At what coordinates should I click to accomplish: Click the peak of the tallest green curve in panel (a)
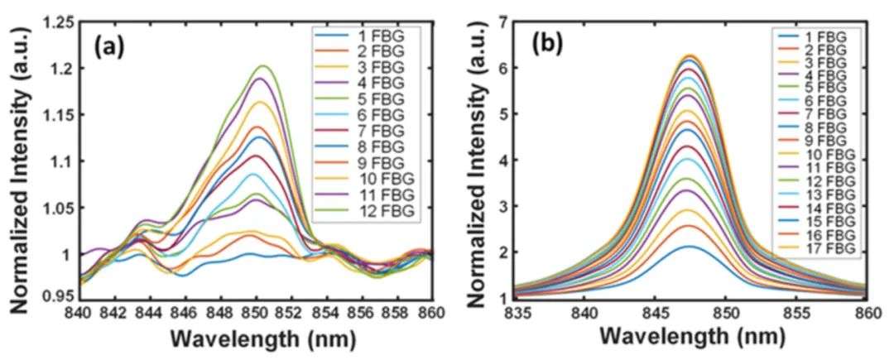265,65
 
